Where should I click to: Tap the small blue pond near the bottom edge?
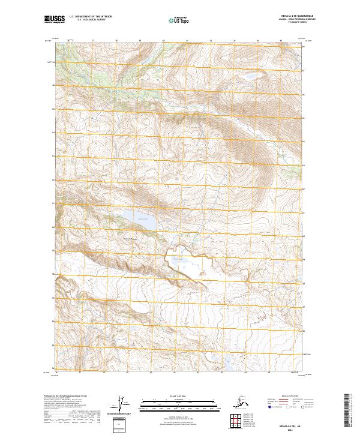point(229,362)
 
